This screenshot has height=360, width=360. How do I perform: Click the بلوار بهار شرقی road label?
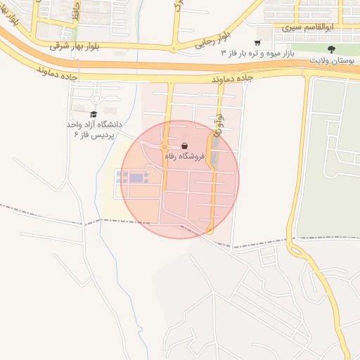coord(77,44)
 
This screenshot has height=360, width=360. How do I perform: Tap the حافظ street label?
coord(77,12)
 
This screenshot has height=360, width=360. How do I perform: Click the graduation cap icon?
coord(94,114)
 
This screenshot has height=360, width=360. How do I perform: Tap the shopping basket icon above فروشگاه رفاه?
coord(184,146)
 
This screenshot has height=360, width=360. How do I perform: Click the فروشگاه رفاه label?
coord(184,157)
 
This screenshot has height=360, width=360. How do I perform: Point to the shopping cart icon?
coord(257,41)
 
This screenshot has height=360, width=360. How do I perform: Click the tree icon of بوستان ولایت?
coord(331,49)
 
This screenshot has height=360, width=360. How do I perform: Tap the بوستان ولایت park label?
coord(334,61)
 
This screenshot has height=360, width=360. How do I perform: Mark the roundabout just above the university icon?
coord(96,89)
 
